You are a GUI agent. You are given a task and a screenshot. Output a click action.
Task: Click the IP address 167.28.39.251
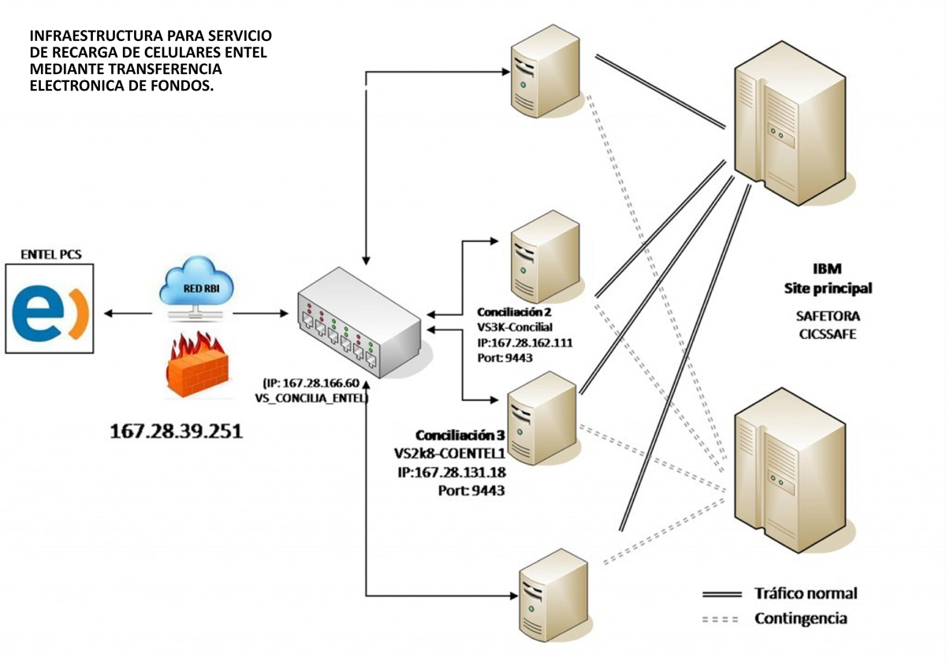(x=177, y=432)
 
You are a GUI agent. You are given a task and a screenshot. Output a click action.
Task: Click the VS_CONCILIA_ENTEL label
(x=311, y=398)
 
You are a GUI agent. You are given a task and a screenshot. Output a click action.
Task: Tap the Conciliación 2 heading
(x=514, y=312)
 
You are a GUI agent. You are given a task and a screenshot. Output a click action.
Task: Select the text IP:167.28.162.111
(x=525, y=343)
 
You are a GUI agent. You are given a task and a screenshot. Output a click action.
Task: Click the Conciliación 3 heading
(x=460, y=435)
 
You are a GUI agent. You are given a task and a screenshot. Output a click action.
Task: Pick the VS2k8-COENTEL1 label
(x=450, y=454)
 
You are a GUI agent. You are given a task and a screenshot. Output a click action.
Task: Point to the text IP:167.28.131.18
(x=452, y=473)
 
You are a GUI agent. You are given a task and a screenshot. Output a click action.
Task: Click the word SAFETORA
(x=828, y=316)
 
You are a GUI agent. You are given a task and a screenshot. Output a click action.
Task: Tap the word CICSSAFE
(x=828, y=334)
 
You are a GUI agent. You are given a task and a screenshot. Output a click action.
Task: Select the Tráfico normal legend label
(x=806, y=593)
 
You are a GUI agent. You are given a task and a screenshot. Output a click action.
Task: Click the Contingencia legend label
(x=801, y=618)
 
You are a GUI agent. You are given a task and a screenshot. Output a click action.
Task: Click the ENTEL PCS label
(x=51, y=254)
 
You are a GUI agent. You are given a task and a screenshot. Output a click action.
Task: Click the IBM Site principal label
(x=828, y=279)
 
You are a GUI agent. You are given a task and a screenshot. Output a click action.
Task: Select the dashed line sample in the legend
(x=721, y=619)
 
